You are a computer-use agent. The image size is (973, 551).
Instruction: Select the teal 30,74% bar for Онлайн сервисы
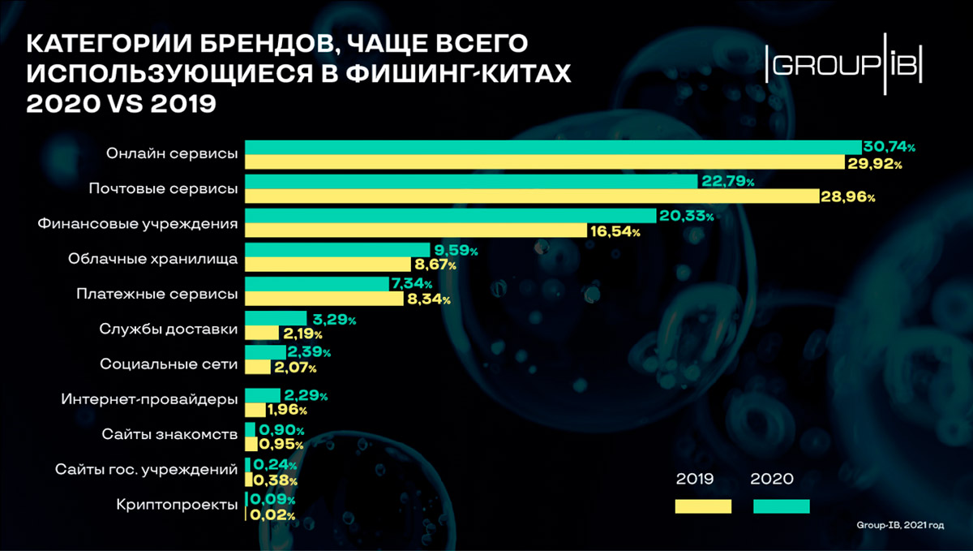point(552,147)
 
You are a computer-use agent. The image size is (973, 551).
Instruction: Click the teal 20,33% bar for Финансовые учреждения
point(450,216)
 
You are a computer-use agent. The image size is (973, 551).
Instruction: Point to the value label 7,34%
point(411,285)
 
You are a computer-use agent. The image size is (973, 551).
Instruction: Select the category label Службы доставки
point(169,329)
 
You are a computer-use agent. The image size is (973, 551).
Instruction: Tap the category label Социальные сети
point(169,364)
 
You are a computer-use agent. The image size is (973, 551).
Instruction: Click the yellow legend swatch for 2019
point(703,506)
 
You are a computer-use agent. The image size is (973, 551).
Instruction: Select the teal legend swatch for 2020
point(781,506)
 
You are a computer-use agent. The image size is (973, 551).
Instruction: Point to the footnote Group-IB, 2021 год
point(900,526)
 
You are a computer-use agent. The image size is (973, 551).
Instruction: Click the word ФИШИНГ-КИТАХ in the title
point(457,73)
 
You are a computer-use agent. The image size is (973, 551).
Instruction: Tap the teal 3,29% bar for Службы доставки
point(276,319)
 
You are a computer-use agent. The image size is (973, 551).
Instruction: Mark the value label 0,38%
point(275,480)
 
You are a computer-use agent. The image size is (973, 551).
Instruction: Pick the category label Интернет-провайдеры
point(149,398)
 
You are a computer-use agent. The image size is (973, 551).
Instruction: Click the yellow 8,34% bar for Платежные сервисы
point(324,299)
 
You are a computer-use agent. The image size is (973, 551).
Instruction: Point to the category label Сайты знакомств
point(169,434)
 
